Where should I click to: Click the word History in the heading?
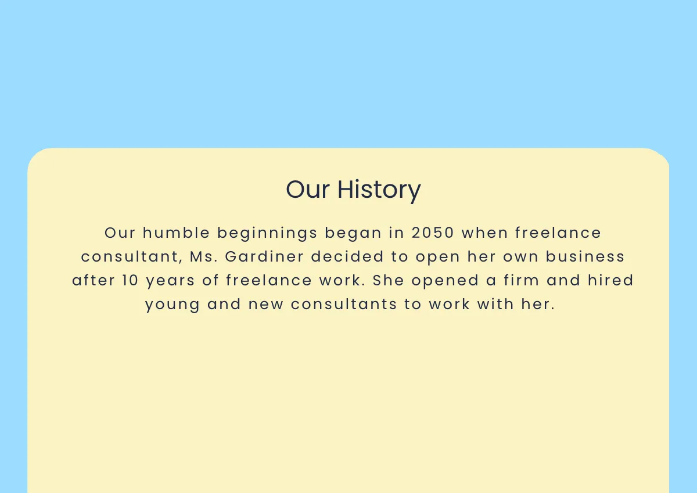coord(379,190)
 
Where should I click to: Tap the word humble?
coord(176,233)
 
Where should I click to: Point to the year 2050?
coord(433,233)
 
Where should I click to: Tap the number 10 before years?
coord(130,281)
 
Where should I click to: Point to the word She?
coord(388,281)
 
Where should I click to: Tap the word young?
coord(173,304)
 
